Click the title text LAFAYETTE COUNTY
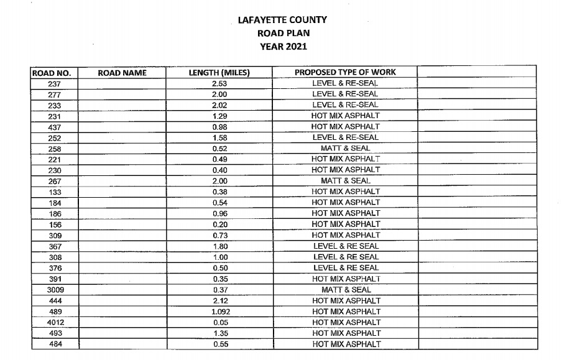pos(283,20)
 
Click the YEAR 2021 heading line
pos(283,46)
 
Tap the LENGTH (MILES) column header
pos(219,73)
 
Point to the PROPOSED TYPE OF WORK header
pos(345,73)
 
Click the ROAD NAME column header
pos(122,73)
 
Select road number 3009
pos(53,290)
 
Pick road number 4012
pos(53,323)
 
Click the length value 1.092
pos(219,312)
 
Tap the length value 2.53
pos(219,83)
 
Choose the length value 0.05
pos(219,323)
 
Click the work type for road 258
pos(345,149)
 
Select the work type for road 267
pos(345,181)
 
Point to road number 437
pos(53,127)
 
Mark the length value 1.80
pos(219,246)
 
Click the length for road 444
pos(219,301)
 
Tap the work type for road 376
pos(345,268)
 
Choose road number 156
pos(53,224)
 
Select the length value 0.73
pos(219,236)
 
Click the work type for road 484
pos(345,344)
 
